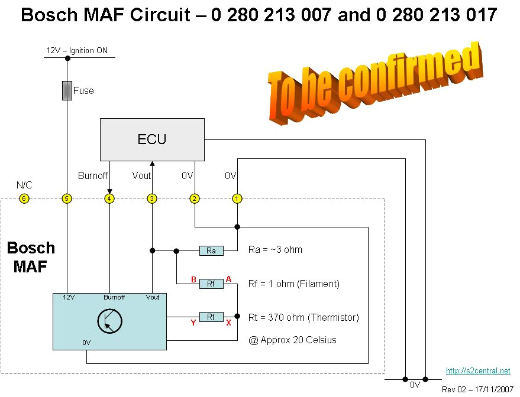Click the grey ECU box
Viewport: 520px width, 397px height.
point(152,139)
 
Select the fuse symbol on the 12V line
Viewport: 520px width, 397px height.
point(67,91)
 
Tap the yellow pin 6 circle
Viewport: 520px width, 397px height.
point(24,198)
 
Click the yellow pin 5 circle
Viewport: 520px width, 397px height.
point(67,198)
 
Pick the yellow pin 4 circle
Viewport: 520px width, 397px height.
point(109,198)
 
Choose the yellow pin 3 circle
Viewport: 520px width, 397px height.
point(152,198)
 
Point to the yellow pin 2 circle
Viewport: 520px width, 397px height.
point(195,198)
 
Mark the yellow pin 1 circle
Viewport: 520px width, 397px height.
point(237,198)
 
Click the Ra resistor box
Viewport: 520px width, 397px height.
point(211,250)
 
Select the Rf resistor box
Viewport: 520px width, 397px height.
point(211,284)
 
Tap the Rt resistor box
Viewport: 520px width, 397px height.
point(211,317)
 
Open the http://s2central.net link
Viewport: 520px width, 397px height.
point(477,371)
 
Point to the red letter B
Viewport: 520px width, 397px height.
point(193,278)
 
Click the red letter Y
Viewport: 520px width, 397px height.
point(193,323)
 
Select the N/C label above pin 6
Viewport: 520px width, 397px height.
point(24,185)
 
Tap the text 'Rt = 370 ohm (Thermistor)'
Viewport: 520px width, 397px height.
point(303,317)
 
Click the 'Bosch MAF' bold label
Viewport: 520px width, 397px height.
point(31,257)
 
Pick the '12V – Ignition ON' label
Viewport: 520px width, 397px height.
point(77,51)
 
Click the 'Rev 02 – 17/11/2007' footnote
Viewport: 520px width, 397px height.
point(478,389)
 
